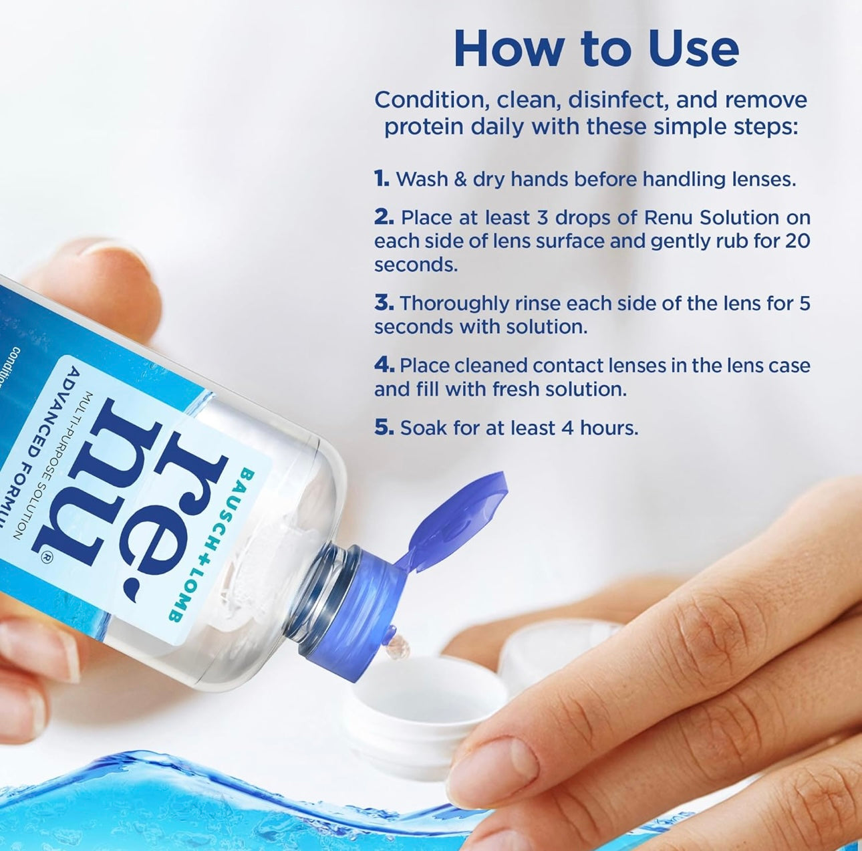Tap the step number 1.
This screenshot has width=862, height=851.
[382, 179]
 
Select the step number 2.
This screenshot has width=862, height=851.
[384, 217]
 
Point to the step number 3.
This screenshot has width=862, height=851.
[384, 303]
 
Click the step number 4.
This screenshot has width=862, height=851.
[384, 365]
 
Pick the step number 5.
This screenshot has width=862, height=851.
[384, 428]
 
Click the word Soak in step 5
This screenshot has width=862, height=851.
[424, 428]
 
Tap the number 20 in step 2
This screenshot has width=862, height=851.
[798, 241]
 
